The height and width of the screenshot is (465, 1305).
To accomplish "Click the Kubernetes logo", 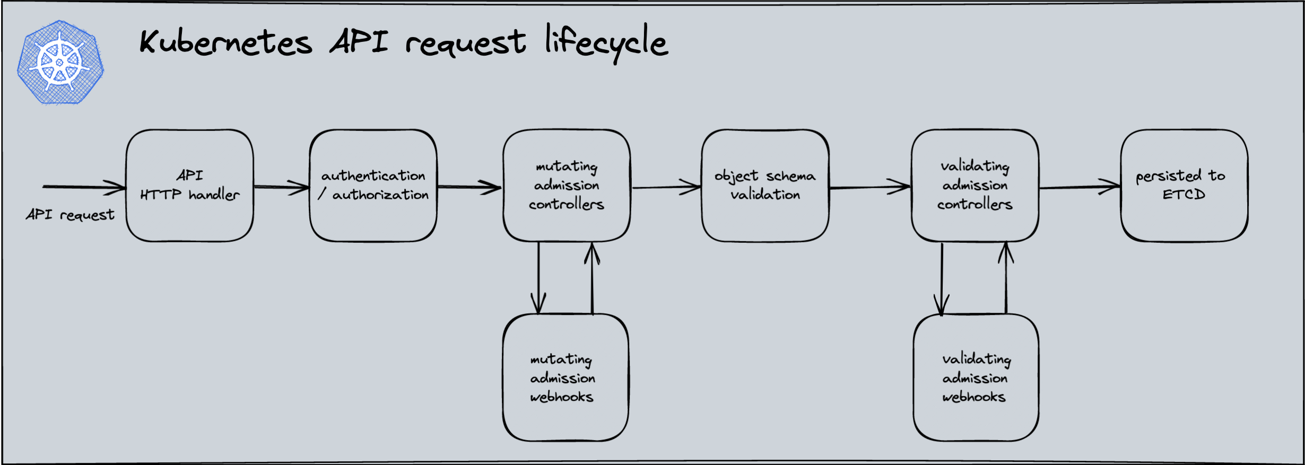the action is [60, 62].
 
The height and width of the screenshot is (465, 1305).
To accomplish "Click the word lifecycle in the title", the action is [606, 43].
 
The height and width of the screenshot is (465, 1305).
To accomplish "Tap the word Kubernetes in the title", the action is [226, 42].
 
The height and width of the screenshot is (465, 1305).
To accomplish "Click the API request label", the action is [70, 215].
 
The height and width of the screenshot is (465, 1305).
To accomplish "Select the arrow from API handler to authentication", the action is [282, 187].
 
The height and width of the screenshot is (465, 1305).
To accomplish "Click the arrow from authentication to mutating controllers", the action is [469, 187].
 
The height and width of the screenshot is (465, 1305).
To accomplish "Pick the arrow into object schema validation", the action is [667, 187].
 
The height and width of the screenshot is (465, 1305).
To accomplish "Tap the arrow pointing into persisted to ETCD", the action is [1080, 187].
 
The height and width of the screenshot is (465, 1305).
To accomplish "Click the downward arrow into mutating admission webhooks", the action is [538, 278].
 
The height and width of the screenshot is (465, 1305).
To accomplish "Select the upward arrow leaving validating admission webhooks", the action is [1006, 278].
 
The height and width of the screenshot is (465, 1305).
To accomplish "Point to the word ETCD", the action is [1184, 195].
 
